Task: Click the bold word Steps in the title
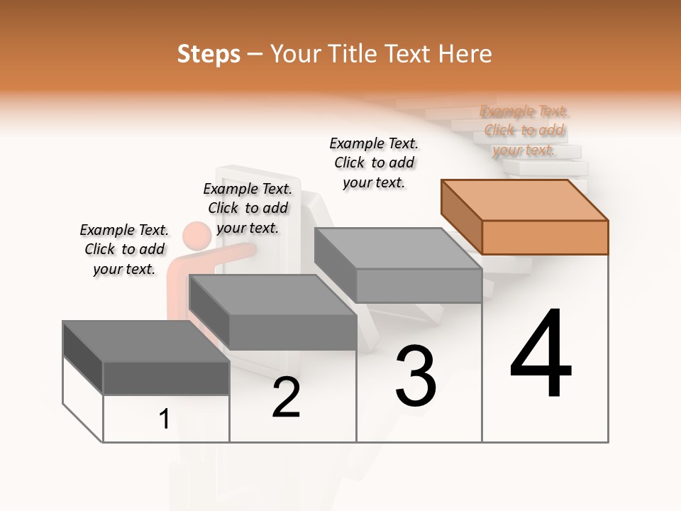209,54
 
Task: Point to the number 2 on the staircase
286,397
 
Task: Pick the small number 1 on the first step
164,419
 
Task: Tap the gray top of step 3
397,248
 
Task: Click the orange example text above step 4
524,131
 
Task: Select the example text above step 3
374,163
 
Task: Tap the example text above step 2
248,208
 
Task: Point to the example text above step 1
124,249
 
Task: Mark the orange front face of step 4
545,237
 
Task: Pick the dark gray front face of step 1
166,378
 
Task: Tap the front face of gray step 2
292,332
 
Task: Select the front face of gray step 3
419,285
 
